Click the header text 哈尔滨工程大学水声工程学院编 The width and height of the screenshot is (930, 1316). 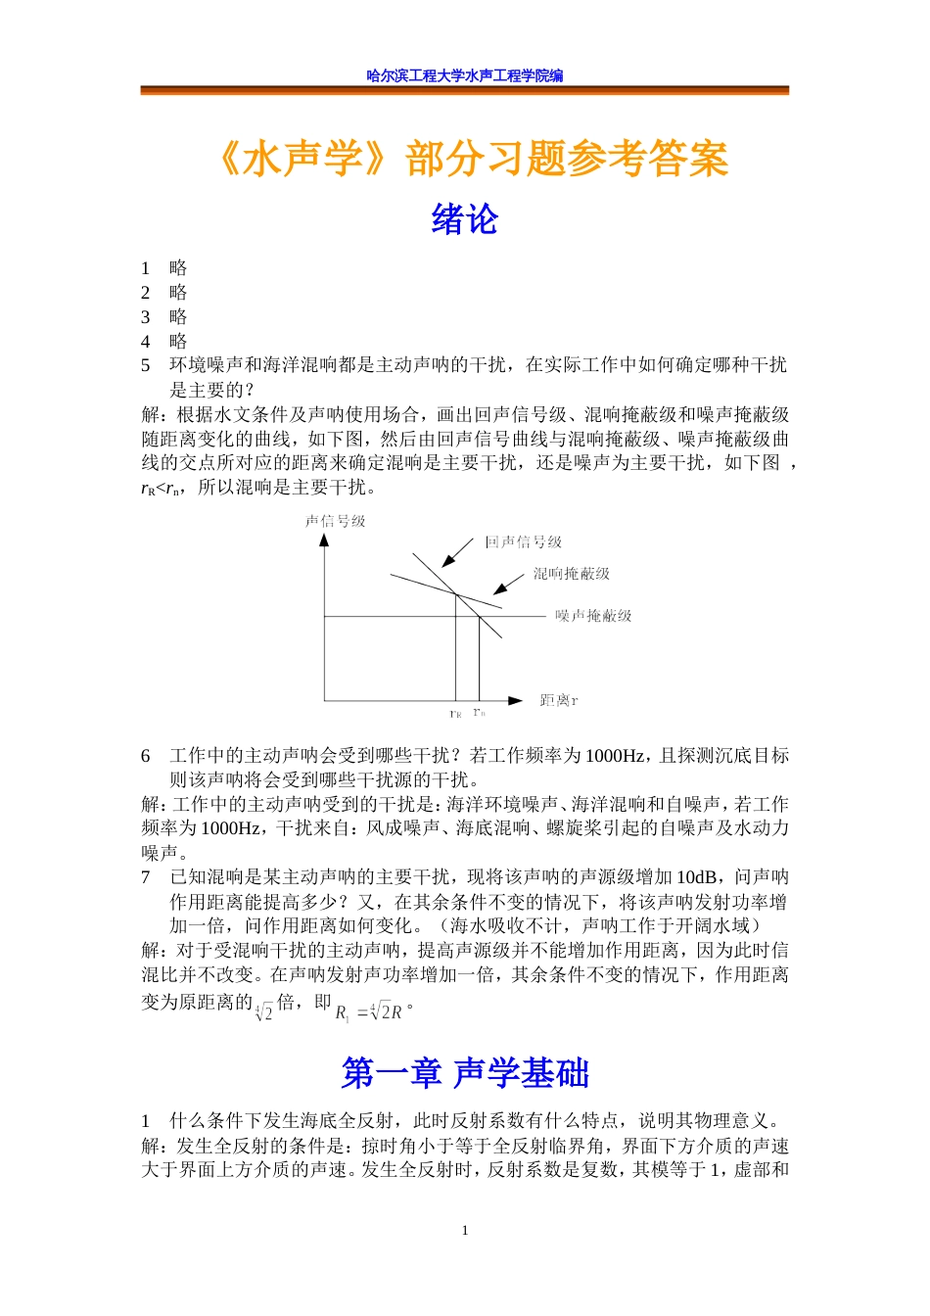[x=465, y=75]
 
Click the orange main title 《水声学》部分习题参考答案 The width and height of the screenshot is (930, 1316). [x=472, y=159]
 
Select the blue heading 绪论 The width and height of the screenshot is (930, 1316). [x=464, y=218]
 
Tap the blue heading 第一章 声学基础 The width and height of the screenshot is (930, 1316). [x=465, y=1073]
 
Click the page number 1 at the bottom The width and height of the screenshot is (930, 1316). [x=465, y=1231]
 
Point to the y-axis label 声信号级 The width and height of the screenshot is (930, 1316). [x=336, y=521]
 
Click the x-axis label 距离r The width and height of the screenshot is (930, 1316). [x=559, y=700]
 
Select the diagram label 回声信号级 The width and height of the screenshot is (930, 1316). [x=524, y=541]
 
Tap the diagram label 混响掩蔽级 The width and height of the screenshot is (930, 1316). [x=572, y=573]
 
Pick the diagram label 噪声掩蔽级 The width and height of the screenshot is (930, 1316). [x=593, y=615]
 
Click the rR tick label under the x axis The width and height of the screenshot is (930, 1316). [x=455, y=714]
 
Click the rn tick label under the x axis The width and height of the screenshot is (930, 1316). [x=479, y=713]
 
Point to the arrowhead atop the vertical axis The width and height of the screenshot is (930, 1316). [x=324, y=540]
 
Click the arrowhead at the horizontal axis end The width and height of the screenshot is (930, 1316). [x=516, y=700]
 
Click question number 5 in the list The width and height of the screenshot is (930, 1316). [x=146, y=365]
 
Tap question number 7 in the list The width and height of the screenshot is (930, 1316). [x=146, y=876]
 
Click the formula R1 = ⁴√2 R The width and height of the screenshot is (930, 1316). [x=369, y=1011]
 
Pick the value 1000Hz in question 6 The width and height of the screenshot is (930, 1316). [x=614, y=756]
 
